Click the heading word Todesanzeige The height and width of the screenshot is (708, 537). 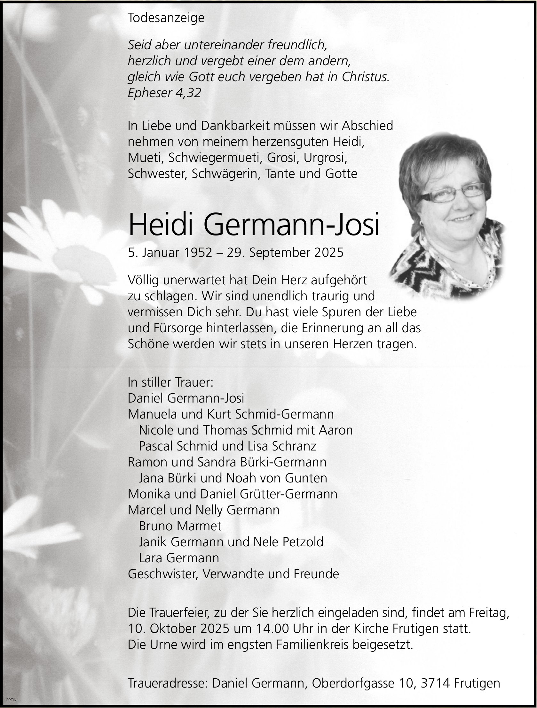(166, 18)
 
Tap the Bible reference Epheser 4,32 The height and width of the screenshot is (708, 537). (164, 93)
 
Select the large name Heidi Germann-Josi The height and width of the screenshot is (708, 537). (254, 224)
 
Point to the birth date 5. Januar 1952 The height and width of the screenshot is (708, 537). (170, 252)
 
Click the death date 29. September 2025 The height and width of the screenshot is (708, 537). (285, 252)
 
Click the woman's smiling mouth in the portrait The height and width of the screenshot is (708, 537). (462, 218)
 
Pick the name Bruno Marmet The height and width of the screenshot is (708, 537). (180, 526)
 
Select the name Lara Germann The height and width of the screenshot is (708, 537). (179, 558)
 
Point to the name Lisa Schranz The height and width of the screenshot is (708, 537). (294, 446)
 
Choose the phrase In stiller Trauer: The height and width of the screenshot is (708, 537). (170, 382)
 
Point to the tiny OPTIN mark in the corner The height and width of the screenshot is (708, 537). (11, 700)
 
